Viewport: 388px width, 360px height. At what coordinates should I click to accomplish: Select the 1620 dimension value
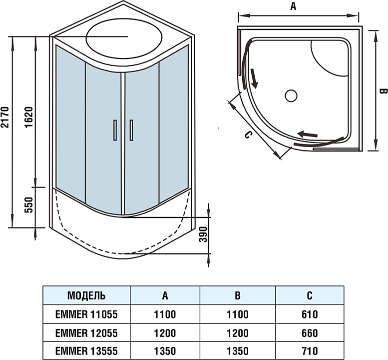pos(28,118)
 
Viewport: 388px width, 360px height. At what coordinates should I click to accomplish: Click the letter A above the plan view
pos(294,6)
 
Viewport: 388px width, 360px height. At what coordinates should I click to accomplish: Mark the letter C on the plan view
pos(248,135)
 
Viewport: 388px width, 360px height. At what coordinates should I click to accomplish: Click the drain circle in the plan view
pos(291,95)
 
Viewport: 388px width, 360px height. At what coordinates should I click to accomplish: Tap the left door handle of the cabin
pos(114,130)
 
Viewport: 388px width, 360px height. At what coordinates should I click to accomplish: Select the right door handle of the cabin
pos(131,130)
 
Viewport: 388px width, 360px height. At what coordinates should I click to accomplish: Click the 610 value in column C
pos(310,314)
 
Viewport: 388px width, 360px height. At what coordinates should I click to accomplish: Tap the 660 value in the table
pos(310,332)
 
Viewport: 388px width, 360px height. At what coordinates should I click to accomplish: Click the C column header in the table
pos(310,295)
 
